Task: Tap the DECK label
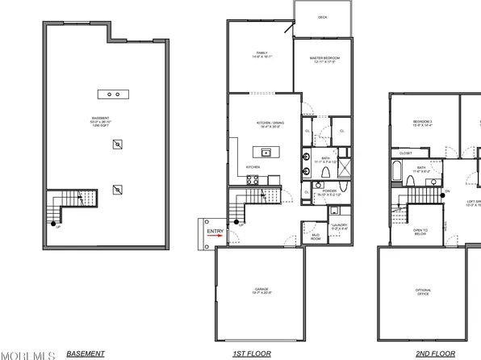(322, 16)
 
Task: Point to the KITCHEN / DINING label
(260, 125)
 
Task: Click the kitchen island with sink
(264, 151)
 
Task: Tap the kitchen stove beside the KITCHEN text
(253, 178)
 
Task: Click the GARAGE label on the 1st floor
(259, 292)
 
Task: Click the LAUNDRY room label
(340, 228)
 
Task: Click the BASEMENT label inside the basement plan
(101, 120)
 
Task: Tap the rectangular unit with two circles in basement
(114, 94)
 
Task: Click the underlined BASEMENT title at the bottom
(85, 354)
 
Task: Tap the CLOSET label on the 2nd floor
(406, 153)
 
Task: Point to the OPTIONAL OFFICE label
(423, 292)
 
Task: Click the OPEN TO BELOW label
(420, 232)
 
